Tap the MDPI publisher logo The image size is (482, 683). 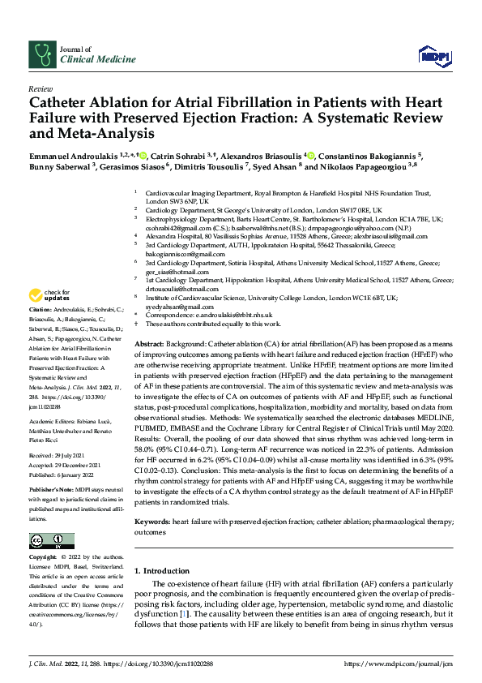point(433,55)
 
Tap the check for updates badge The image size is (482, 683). point(49,295)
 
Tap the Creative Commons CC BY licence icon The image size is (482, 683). point(52,541)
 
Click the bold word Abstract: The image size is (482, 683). point(150,345)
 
